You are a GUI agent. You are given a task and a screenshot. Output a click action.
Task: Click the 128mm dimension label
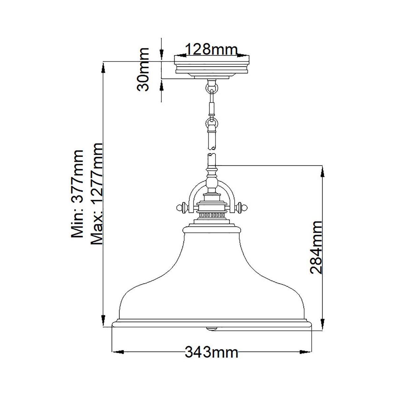pos(211,50)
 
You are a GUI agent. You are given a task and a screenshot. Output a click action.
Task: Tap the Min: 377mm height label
pos(78,194)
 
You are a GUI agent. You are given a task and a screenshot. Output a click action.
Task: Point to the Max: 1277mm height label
pos(98,194)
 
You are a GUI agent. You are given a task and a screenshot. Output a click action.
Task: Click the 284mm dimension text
pos(316,247)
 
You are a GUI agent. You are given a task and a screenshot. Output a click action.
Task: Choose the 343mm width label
pos(211,352)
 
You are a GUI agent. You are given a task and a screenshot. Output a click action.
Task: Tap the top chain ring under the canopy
pos(212,88)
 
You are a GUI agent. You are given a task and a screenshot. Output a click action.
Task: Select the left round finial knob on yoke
pos(179,208)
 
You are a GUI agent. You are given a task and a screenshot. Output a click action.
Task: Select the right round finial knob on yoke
pos(244,208)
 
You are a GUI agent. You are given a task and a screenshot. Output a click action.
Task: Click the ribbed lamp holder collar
pos(212,214)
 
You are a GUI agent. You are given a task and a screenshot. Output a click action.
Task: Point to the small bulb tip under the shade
pos(212,328)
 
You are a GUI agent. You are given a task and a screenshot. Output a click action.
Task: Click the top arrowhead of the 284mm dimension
pos(322,170)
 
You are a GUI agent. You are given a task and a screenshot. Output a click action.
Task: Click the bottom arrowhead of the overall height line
pos(103,322)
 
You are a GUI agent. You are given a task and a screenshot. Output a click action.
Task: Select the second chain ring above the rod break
pos(212,123)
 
